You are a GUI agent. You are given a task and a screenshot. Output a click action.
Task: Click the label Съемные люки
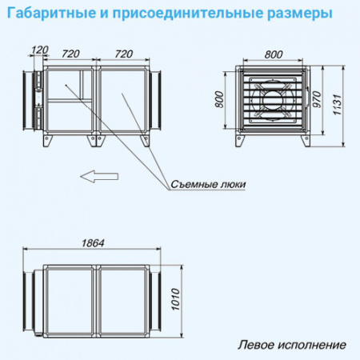207,184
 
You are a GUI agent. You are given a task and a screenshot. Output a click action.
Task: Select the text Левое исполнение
292,346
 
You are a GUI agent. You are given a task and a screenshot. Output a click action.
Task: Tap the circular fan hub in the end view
272,102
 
